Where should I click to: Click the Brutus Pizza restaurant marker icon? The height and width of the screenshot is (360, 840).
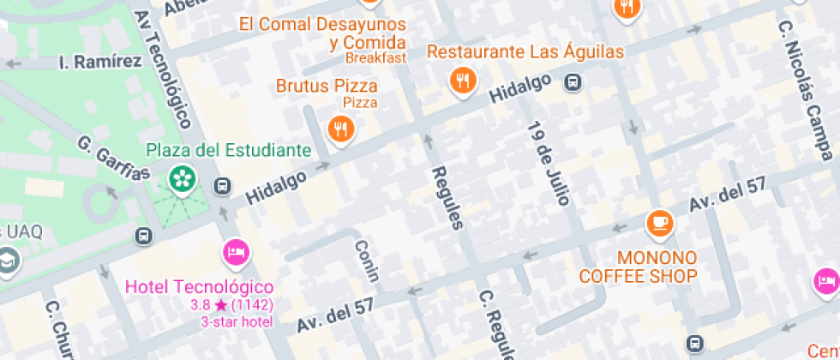(341, 129)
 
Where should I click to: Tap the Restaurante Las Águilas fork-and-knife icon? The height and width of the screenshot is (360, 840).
(463, 81)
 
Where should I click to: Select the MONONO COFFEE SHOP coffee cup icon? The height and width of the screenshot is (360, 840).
(659, 223)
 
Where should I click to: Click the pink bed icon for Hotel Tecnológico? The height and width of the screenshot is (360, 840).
(236, 251)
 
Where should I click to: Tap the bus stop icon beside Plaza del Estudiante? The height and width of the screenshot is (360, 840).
(223, 185)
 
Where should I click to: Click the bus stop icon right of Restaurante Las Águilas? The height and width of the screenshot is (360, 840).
(573, 83)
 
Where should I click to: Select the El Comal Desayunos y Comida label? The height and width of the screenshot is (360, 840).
(333, 33)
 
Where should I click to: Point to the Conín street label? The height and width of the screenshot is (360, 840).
(366, 261)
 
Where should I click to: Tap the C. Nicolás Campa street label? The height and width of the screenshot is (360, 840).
(805, 91)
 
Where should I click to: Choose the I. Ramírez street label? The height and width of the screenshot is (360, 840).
(100, 62)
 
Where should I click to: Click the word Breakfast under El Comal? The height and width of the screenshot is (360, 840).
(375, 58)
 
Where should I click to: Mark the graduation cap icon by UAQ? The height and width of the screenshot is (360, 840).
(9, 260)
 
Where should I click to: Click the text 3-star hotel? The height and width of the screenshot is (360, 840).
(236, 322)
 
